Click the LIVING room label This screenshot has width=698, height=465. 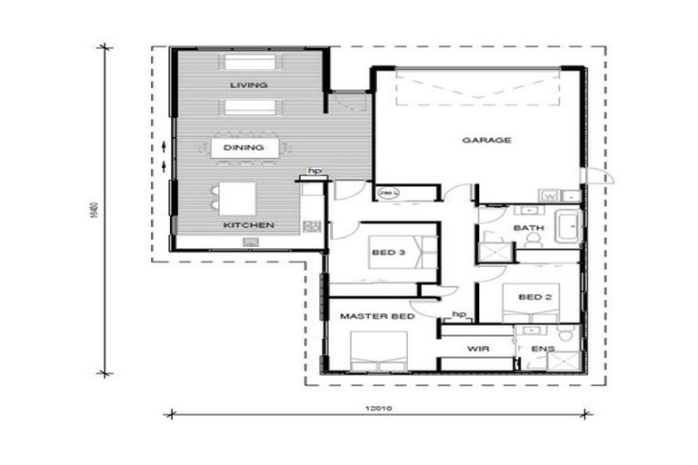point(248,84)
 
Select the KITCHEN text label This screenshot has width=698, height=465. point(248,224)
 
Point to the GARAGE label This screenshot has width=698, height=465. point(487,140)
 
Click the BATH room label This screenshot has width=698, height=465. point(527,228)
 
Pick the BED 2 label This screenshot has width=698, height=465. point(533,296)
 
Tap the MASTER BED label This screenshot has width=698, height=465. point(377,317)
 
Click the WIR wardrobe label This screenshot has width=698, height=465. point(479,348)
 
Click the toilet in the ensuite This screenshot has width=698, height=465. point(566,336)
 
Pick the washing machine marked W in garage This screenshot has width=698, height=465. point(551,194)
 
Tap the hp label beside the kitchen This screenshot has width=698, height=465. point(314,171)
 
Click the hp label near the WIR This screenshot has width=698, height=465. point(459,314)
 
